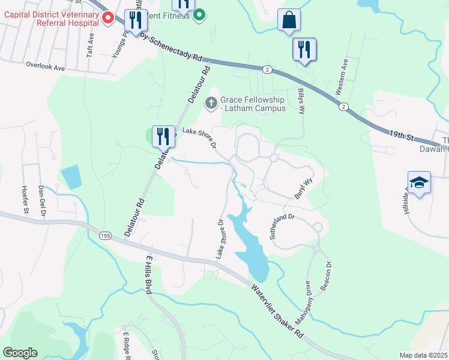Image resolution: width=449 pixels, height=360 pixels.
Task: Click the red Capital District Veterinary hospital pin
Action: pos(108,18)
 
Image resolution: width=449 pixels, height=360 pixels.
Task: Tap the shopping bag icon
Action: pos(289,20)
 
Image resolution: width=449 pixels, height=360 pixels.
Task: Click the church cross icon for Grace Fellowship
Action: pos(211,104)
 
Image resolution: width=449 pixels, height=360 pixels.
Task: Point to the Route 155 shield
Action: pos(106,235)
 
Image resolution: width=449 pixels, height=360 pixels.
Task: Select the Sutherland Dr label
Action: pos(283,227)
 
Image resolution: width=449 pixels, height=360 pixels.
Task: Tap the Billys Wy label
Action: pos(302,101)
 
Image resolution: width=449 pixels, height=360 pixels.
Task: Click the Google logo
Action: pos(20,353)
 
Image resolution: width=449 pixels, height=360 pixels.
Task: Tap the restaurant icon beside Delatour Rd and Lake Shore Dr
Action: pos(162,136)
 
